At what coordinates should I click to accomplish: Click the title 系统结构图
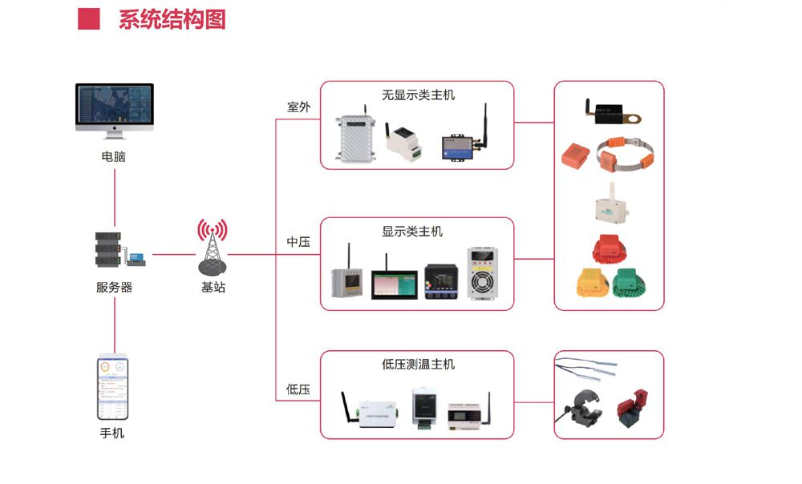[172, 19]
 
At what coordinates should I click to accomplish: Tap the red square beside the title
[88, 19]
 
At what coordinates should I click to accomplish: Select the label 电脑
[114, 157]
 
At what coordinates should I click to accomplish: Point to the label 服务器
[114, 287]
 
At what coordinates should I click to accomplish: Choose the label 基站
[213, 287]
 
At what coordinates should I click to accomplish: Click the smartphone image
[113, 389]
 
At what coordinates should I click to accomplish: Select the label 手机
[112, 434]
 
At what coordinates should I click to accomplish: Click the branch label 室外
[298, 107]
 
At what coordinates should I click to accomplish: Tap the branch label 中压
[298, 241]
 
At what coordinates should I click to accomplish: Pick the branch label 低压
[298, 389]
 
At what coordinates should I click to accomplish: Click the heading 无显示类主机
[418, 95]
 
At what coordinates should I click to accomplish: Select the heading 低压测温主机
[418, 364]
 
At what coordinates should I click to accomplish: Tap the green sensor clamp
[634, 281]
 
